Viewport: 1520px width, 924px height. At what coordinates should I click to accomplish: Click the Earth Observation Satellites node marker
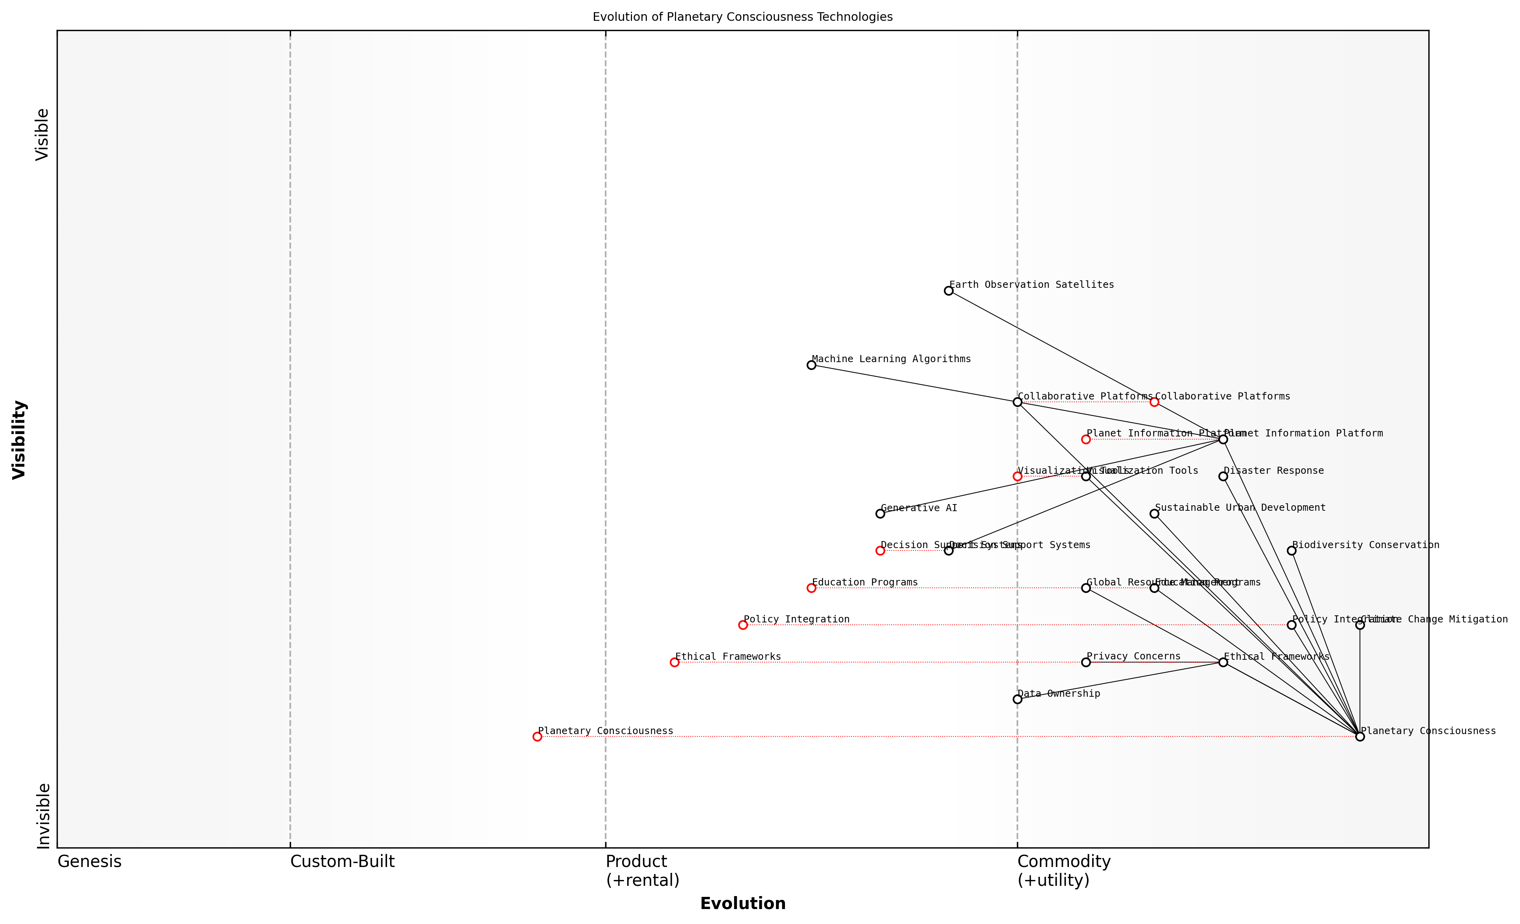point(948,291)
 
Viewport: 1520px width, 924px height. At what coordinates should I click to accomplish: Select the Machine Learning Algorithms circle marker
point(811,365)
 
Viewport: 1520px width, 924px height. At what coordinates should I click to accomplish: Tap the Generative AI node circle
point(880,514)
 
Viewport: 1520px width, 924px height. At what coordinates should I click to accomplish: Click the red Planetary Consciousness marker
point(537,736)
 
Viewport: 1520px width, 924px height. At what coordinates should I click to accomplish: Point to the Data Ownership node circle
point(1017,699)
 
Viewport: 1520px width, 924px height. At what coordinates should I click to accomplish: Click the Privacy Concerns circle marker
point(1086,663)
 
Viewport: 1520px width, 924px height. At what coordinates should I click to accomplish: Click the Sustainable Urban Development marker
point(1154,514)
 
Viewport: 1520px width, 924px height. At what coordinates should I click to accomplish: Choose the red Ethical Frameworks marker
point(674,663)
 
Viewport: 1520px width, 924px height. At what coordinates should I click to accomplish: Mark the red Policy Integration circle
point(743,625)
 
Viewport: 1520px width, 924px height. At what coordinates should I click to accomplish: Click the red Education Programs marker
point(811,588)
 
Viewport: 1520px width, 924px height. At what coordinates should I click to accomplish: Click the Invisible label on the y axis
point(42,815)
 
